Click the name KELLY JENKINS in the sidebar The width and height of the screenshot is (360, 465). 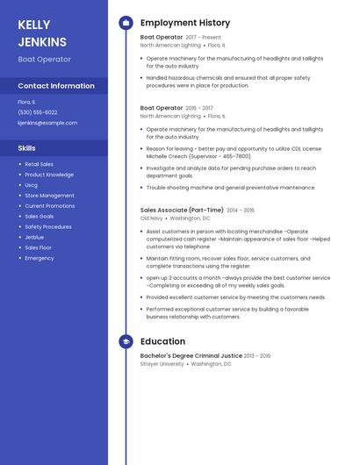point(42,33)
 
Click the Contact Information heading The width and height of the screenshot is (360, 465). point(56,86)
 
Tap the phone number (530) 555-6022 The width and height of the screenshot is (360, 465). point(38,112)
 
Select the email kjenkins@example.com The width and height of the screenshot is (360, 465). point(47,123)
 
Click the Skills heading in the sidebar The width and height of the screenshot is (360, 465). point(27,148)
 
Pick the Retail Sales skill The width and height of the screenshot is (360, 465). point(39,164)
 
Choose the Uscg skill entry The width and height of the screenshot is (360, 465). point(32,185)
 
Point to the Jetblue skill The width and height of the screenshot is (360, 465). point(34,237)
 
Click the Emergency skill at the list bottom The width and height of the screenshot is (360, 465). point(40,258)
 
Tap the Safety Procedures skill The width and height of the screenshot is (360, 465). point(48,226)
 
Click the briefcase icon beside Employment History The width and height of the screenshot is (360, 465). point(126,23)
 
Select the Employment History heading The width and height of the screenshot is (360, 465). point(185,23)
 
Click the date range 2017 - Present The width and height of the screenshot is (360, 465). point(204,38)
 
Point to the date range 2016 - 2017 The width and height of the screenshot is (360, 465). point(199,108)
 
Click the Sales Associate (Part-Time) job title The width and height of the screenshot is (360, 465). point(182,211)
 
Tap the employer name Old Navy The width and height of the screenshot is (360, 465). point(151,218)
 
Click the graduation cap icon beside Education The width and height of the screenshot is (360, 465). point(126,341)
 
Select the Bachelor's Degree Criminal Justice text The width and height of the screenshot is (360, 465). point(191,355)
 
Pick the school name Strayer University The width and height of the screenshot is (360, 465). point(162,363)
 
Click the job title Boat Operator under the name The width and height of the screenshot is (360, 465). point(45,59)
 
